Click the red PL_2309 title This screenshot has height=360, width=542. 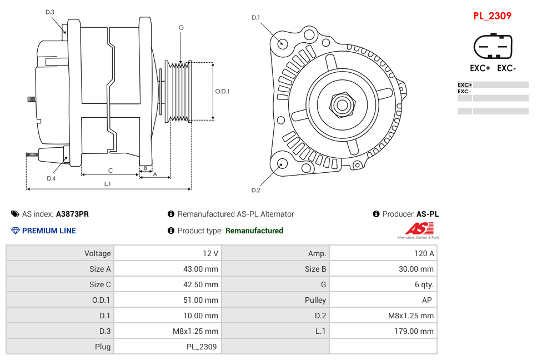pyautogui.click(x=492, y=16)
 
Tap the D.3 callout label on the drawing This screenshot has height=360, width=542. pyautogui.click(x=50, y=12)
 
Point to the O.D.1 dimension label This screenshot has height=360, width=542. pyautogui.click(x=222, y=91)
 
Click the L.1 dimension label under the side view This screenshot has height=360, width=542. pyautogui.click(x=107, y=184)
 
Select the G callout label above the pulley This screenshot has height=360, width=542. pyautogui.click(x=181, y=27)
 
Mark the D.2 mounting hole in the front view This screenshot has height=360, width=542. pyautogui.click(x=282, y=163)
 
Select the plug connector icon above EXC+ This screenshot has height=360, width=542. pyautogui.click(x=493, y=47)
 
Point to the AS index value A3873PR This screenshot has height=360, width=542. pyautogui.click(x=72, y=214)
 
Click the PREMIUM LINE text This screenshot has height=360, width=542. pyautogui.click(x=49, y=231)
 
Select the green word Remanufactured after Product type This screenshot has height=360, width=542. pyautogui.click(x=254, y=231)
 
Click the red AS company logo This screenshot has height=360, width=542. pyautogui.click(x=419, y=228)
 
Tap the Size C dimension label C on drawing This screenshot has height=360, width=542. pyautogui.click(x=110, y=171)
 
